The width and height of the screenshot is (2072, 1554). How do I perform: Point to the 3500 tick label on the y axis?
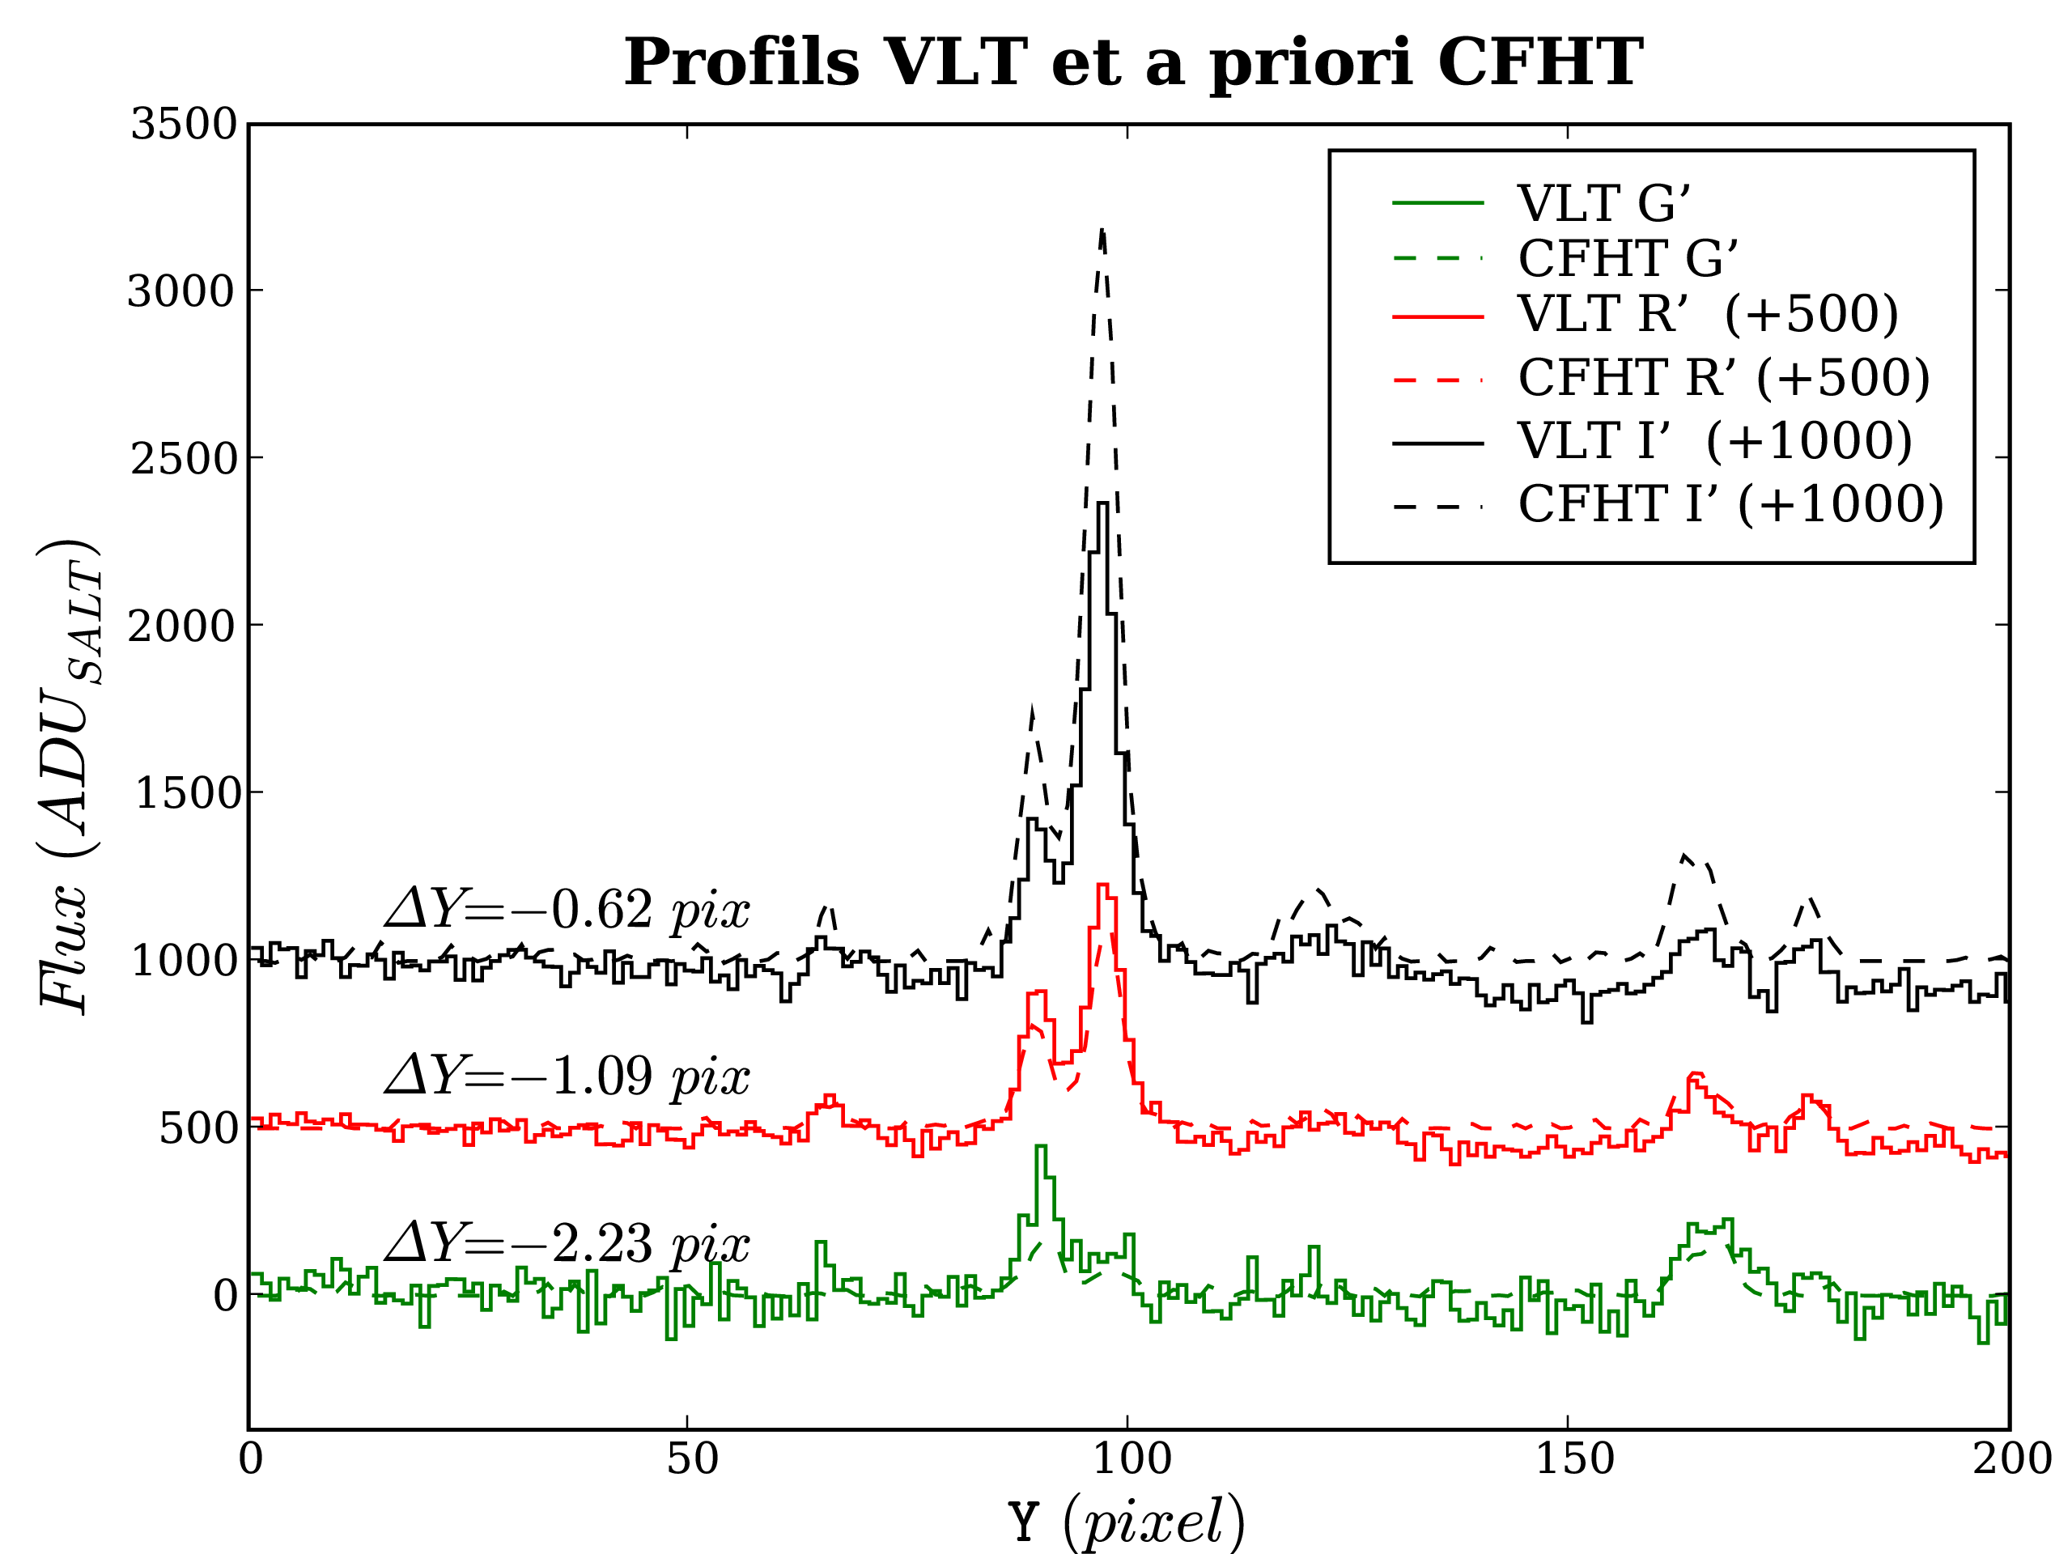pyautogui.click(x=184, y=124)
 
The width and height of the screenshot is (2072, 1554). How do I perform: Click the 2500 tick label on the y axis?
pyautogui.click(x=184, y=459)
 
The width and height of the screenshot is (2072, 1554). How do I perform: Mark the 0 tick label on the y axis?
pyautogui.click(x=225, y=1297)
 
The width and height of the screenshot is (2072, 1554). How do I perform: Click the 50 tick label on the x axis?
pyautogui.click(x=692, y=1458)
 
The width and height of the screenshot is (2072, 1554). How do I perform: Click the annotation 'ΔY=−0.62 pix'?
pyautogui.click(x=567, y=909)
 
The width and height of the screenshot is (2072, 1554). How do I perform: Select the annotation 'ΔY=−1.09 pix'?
pyautogui.click(x=567, y=1076)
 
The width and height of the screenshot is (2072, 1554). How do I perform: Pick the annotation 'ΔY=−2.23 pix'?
pyautogui.click(x=567, y=1243)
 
